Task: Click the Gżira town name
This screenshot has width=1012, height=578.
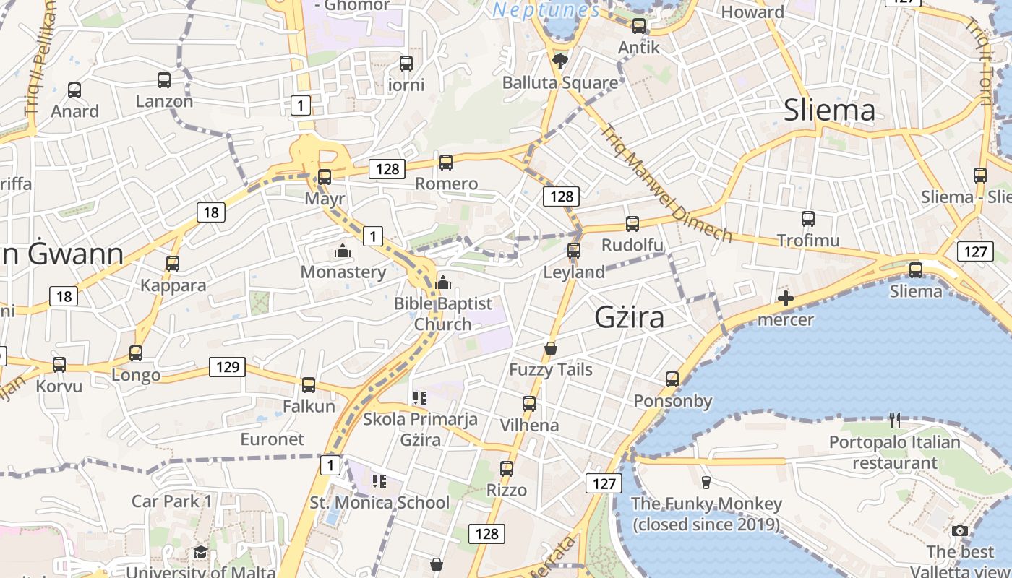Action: (x=629, y=317)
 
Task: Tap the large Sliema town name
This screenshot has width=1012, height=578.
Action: (x=829, y=111)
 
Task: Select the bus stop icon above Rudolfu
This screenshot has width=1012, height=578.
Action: (x=632, y=224)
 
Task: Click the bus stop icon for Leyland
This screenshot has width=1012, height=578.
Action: (x=574, y=251)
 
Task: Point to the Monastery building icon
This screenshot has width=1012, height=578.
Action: (x=343, y=251)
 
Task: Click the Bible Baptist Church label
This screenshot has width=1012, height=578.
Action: (x=442, y=314)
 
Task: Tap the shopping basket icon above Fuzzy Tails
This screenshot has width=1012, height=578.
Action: (x=551, y=348)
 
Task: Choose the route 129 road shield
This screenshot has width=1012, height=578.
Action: (x=227, y=367)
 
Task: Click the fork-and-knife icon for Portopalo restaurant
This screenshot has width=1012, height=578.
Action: (x=895, y=420)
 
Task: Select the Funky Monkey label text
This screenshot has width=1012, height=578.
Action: (x=706, y=514)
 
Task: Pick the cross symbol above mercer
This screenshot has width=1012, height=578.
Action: (x=786, y=298)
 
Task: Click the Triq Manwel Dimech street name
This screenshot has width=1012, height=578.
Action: (x=665, y=185)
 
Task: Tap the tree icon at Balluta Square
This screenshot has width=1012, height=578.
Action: (x=559, y=61)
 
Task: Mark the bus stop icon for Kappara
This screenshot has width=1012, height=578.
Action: (x=173, y=264)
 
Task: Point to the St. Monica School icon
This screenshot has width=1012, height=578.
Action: (x=379, y=480)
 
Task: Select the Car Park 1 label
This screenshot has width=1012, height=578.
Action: (x=172, y=501)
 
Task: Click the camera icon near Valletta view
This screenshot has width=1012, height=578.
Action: (x=960, y=531)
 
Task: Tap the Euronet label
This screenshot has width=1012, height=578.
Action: (x=272, y=439)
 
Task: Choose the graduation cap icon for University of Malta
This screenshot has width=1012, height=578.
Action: (x=200, y=553)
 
